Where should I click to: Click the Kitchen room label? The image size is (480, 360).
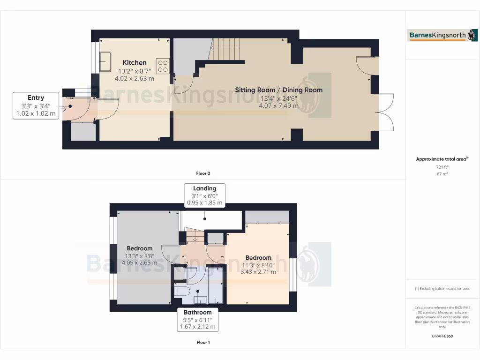(135, 63)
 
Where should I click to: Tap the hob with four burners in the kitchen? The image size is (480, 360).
(163, 65)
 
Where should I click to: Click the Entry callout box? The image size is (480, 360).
(36, 105)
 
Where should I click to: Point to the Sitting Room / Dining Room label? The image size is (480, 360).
(278, 90)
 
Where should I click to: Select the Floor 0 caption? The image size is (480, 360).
(202, 173)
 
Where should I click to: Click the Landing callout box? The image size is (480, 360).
(205, 195)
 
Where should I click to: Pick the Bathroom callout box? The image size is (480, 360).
(197, 319)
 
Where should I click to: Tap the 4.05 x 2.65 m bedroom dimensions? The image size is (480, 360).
(139, 263)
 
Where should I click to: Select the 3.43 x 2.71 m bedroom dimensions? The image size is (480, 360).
(258, 271)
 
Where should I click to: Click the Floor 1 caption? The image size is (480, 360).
(202, 342)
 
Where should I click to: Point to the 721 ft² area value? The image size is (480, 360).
(442, 167)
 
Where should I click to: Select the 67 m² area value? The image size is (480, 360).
(442, 174)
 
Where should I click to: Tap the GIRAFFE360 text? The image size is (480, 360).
(442, 336)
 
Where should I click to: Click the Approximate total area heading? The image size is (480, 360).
(442, 159)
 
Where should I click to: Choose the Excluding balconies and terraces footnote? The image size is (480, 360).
(442, 289)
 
